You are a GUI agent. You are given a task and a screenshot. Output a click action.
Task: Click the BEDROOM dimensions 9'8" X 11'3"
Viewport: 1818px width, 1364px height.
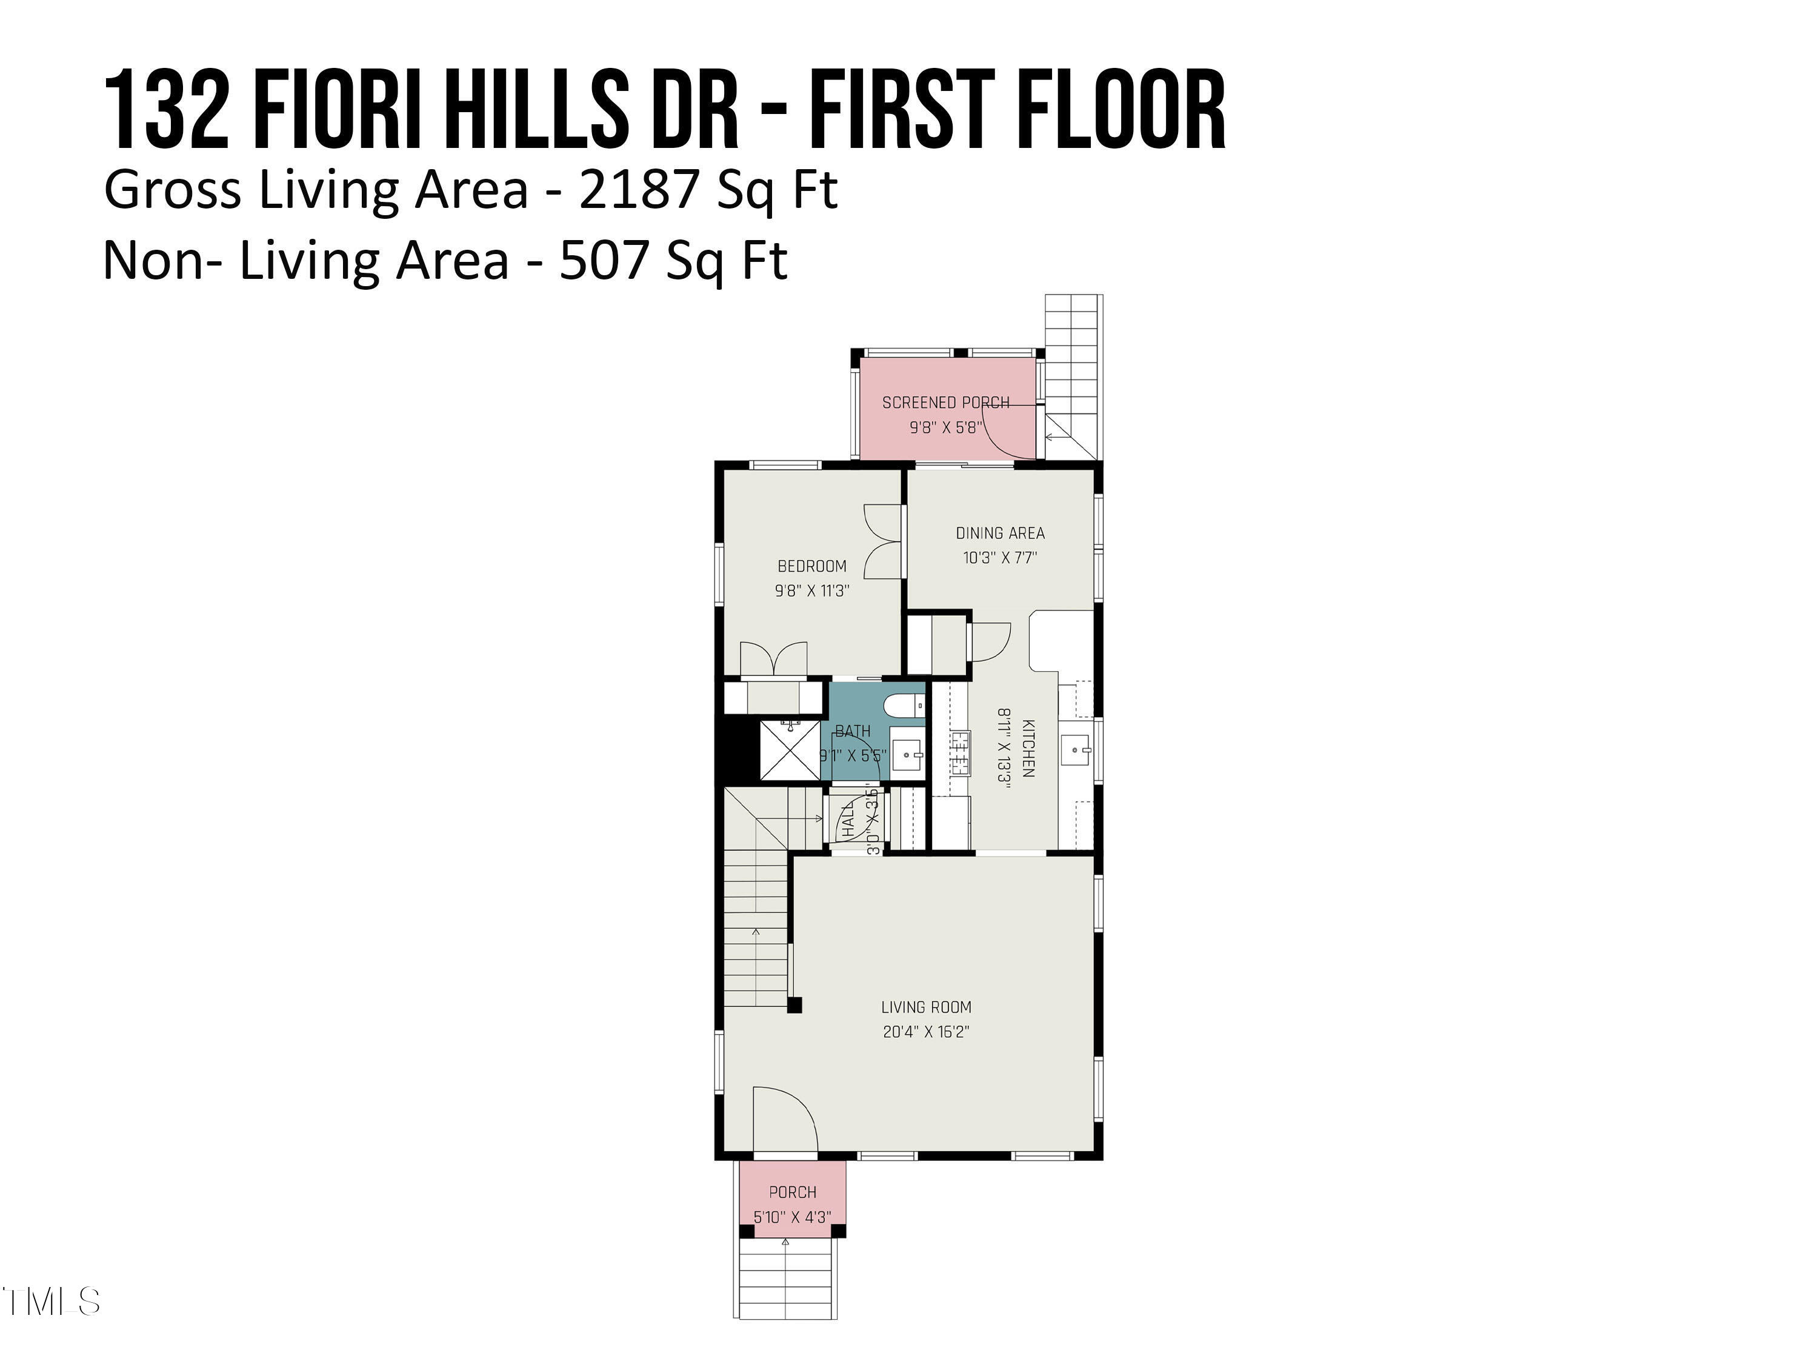[x=811, y=590]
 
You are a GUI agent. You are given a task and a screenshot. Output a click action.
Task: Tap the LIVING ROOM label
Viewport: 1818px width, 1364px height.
[x=925, y=1007]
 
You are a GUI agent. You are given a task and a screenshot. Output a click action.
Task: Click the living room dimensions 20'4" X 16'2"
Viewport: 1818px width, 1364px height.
[x=925, y=1032]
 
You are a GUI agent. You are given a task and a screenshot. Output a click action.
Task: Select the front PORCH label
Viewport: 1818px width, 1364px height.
[x=792, y=1192]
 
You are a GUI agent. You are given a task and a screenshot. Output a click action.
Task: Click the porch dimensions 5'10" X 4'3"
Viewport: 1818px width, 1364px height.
[x=792, y=1217]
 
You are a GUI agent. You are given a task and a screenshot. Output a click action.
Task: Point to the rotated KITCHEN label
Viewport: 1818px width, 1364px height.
[x=1027, y=748]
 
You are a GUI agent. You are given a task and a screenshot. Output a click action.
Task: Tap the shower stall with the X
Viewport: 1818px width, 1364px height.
[x=790, y=750]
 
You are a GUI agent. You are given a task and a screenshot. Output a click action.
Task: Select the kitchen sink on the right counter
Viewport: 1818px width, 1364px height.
[x=1076, y=750]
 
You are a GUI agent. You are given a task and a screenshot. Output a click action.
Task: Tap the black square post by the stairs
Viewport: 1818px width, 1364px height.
[x=794, y=1005]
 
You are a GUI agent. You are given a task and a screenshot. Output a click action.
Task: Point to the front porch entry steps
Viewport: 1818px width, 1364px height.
[x=787, y=1287]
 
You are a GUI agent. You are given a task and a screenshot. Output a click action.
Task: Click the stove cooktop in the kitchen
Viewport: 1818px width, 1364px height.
[x=960, y=752]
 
